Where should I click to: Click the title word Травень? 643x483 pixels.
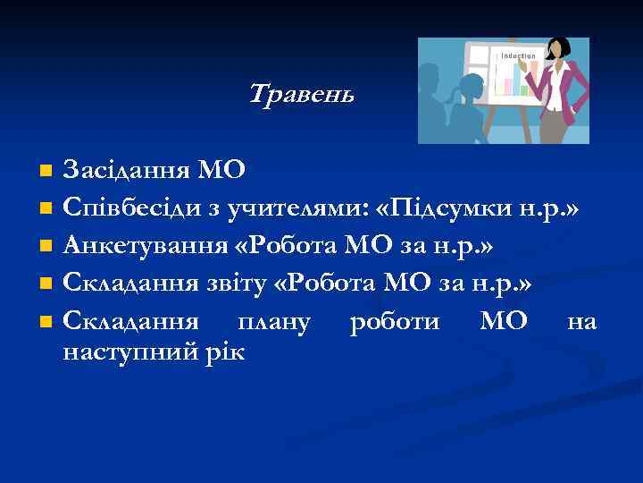[x=301, y=93]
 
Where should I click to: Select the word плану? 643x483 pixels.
[x=269, y=321]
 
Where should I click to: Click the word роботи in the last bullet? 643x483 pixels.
[x=394, y=321]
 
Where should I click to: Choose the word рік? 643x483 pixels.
[x=229, y=352]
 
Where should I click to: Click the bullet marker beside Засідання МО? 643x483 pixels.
[x=46, y=169]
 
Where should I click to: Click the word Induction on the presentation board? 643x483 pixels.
[x=519, y=56]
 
